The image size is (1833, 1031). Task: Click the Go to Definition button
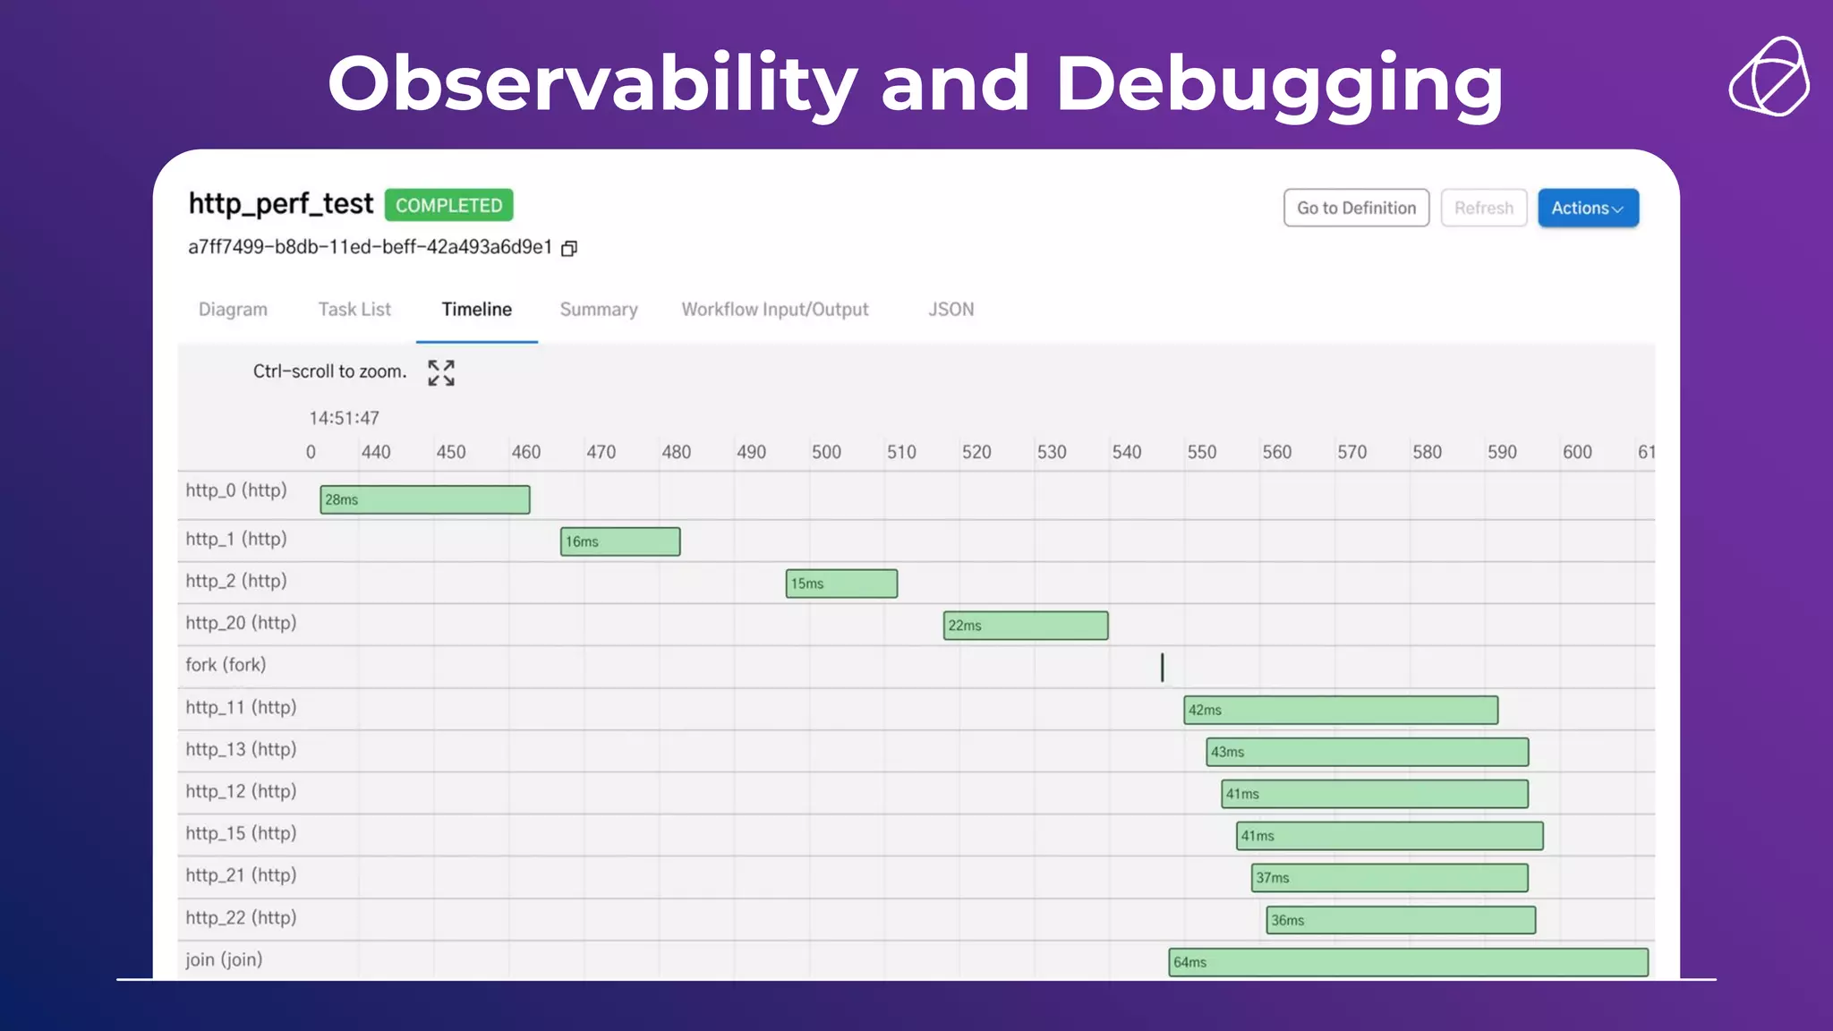click(x=1356, y=208)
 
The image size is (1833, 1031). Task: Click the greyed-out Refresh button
click(x=1483, y=208)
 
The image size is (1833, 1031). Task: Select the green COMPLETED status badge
click(x=448, y=205)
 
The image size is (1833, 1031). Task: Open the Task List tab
click(x=354, y=310)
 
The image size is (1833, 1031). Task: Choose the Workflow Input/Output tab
click(x=774, y=310)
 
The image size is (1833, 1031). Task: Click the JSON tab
click(x=951, y=310)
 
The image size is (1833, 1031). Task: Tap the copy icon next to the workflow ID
click(x=569, y=248)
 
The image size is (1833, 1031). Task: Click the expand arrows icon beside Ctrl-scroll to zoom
click(x=441, y=372)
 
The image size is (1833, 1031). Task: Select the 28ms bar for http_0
click(x=424, y=499)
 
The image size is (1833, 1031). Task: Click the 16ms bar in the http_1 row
click(x=619, y=541)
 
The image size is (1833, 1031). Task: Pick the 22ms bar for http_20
click(x=1025, y=626)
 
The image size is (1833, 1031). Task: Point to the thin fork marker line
click(x=1162, y=667)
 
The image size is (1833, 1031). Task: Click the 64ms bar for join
click(x=1407, y=962)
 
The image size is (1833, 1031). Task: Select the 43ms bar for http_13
click(x=1367, y=752)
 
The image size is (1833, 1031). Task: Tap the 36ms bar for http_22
click(x=1400, y=920)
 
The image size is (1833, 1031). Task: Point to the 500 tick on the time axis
click(x=825, y=452)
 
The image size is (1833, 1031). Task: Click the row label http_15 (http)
click(x=241, y=833)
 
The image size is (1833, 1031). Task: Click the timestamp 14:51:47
click(x=344, y=418)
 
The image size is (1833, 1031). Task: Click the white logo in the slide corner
click(x=1769, y=77)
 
